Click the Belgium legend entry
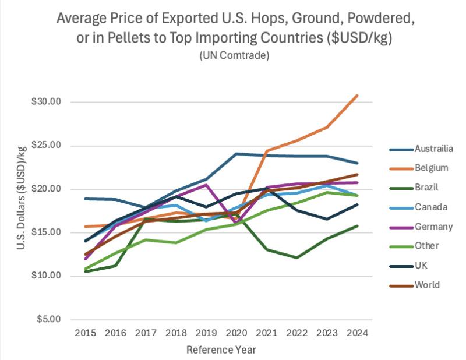click(431, 168)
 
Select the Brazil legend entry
click(428, 188)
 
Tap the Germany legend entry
click(432, 227)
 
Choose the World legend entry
click(428, 285)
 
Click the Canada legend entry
click(430, 207)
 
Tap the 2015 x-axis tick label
click(85, 333)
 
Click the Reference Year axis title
click(221, 350)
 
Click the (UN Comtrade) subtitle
click(233, 56)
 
